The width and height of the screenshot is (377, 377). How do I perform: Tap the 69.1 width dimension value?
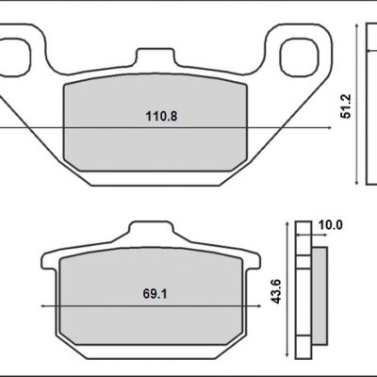pos(146,294)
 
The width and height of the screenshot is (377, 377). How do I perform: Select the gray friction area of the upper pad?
pos(156,141)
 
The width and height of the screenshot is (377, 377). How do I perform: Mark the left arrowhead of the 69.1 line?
pos(42,307)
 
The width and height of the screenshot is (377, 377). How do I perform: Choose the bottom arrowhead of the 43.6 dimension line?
pos(286,361)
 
